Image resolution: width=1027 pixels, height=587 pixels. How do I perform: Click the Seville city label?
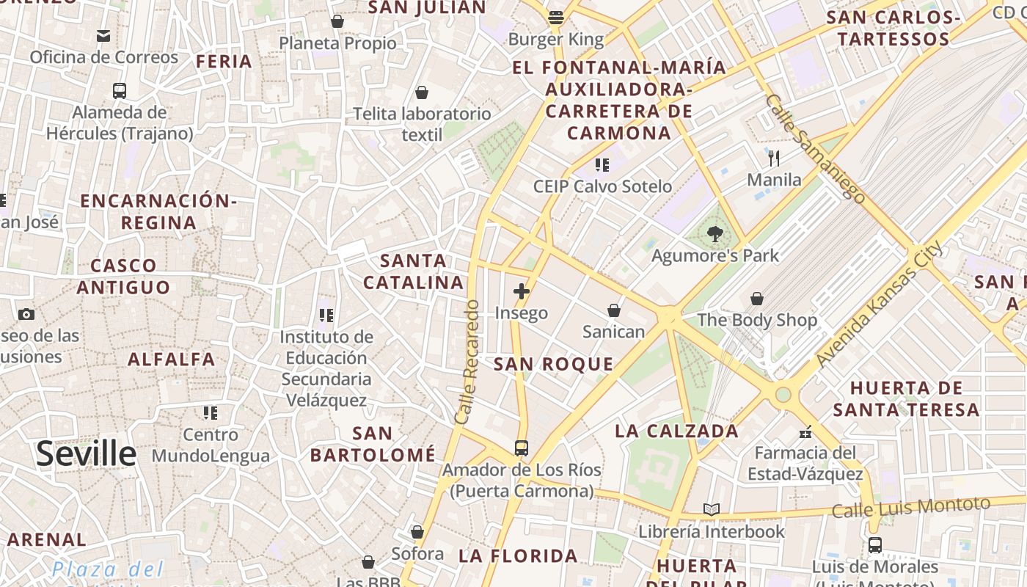(x=87, y=453)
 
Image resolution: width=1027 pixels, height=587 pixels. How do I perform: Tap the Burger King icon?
(x=556, y=18)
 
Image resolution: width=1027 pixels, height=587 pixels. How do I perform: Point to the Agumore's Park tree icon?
(x=714, y=234)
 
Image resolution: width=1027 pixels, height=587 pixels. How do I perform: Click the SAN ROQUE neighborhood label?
(x=553, y=364)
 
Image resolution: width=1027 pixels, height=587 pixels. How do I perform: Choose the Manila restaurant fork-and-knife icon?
(x=773, y=158)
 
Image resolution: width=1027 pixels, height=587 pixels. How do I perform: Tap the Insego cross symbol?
(x=521, y=291)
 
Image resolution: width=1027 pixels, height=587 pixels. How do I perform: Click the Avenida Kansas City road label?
(x=880, y=305)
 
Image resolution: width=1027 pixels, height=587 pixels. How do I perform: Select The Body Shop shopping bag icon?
(x=756, y=299)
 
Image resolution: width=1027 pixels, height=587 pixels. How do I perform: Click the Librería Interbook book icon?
(x=711, y=509)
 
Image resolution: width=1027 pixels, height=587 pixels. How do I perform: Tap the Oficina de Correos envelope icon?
(x=103, y=35)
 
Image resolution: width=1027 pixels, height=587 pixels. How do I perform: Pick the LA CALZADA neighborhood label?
(x=676, y=431)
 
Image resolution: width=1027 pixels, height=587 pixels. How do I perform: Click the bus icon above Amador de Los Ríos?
(x=521, y=448)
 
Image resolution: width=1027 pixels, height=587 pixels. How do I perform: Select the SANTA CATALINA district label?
(x=414, y=271)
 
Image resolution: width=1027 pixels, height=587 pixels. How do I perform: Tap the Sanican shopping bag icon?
(x=614, y=310)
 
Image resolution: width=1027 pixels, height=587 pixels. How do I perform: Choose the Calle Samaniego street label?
(x=814, y=147)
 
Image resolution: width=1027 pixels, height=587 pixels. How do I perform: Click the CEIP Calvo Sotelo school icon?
(x=602, y=165)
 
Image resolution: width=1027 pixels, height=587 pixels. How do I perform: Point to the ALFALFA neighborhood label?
(x=172, y=360)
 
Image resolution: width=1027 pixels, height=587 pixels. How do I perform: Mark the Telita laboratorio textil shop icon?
(x=422, y=92)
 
